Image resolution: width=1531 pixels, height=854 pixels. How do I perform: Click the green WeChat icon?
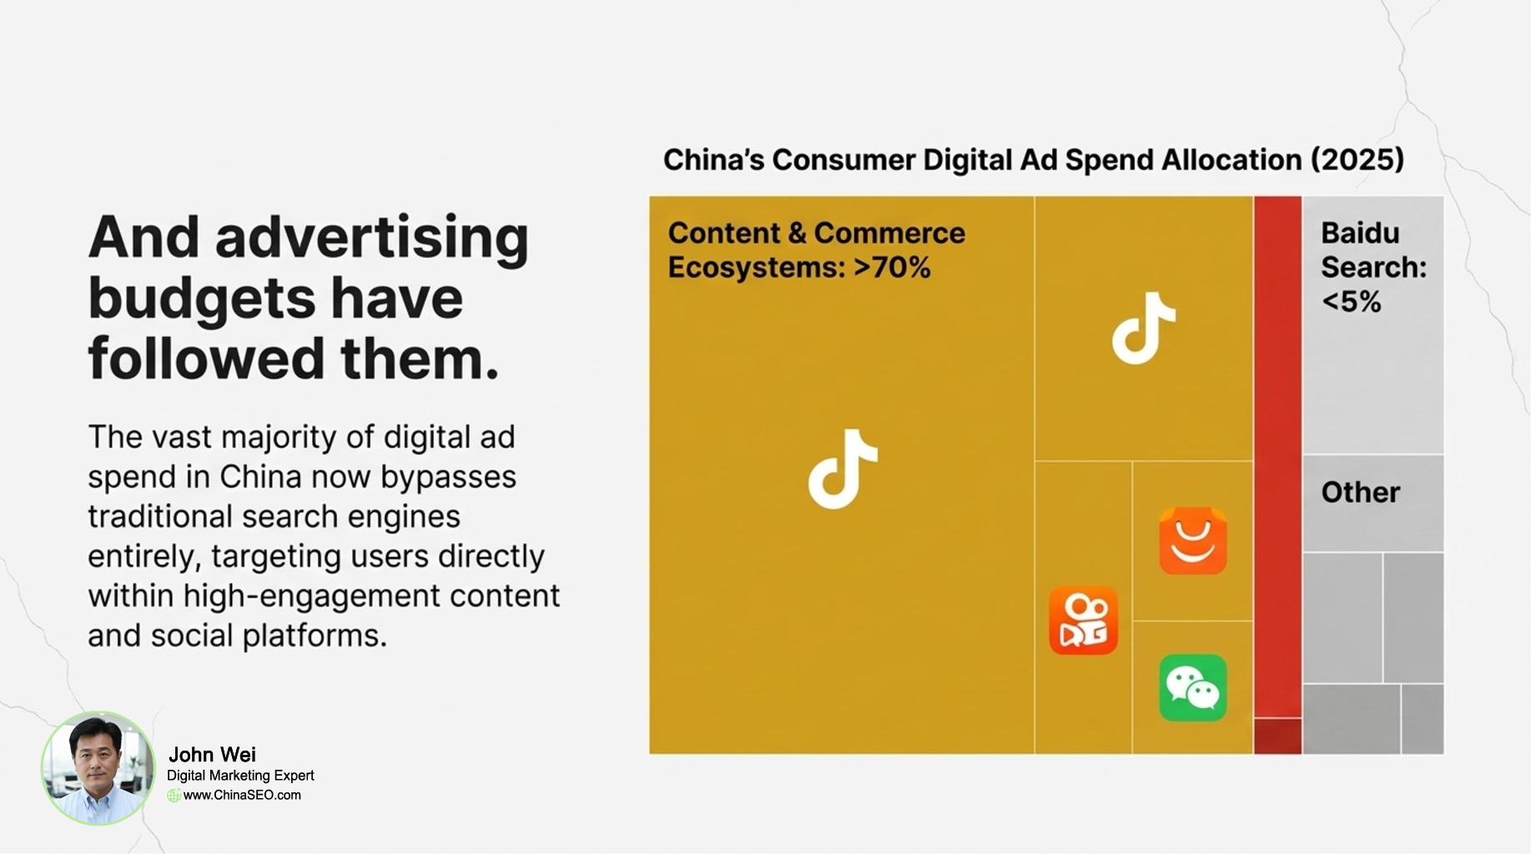(x=1193, y=688)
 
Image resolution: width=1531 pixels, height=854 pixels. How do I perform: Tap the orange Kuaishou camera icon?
(x=1083, y=620)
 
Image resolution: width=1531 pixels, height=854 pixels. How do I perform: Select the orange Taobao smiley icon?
(x=1193, y=540)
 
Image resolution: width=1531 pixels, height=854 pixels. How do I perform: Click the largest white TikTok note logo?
(x=843, y=469)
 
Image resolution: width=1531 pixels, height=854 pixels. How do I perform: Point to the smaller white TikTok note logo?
(x=1143, y=328)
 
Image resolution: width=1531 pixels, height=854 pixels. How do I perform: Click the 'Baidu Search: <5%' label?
(x=1373, y=267)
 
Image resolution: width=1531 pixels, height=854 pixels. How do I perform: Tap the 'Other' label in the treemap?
(x=1360, y=492)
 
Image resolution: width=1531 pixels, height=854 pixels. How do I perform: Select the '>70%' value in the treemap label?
(x=892, y=268)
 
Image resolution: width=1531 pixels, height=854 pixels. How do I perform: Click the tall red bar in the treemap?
(x=1277, y=457)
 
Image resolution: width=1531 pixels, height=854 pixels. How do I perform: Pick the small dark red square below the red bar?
(x=1277, y=736)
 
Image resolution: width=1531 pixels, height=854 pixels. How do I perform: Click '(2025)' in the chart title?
(x=1357, y=159)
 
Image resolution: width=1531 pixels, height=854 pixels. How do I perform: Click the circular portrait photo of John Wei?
(x=98, y=768)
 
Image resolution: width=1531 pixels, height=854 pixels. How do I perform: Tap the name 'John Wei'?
(x=212, y=755)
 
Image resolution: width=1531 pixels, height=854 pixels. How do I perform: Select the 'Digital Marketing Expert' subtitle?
(x=240, y=776)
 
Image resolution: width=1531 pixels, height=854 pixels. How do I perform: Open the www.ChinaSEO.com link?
(x=242, y=796)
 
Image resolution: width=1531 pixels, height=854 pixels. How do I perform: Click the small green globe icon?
(x=174, y=796)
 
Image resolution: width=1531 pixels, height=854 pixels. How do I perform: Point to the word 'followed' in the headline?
(x=207, y=358)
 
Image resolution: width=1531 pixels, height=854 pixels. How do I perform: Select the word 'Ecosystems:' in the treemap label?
(x=756, y=268)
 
